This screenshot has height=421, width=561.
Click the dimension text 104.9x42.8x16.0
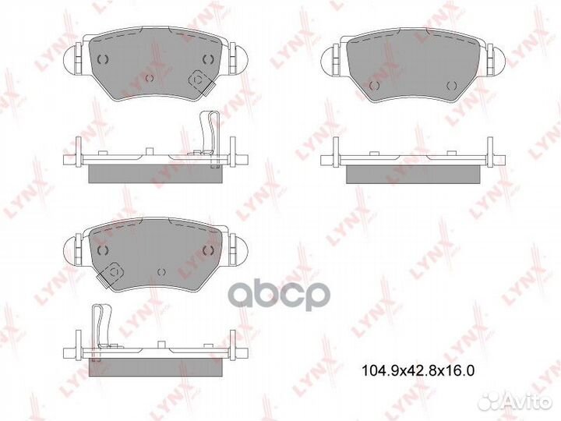[418, 370]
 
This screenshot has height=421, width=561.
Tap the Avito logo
[514, 402]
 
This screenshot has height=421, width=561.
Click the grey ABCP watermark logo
[279, 295]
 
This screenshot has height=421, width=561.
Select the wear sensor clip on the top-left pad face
[201, 83]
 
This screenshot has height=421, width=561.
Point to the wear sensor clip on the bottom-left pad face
[110, 275]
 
